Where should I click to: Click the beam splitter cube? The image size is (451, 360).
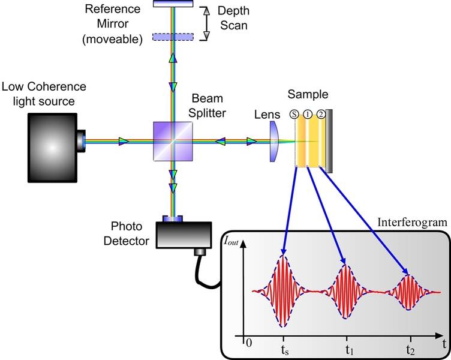(173, 142)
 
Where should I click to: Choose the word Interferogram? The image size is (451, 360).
(412, 223)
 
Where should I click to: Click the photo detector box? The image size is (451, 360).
(183, 235)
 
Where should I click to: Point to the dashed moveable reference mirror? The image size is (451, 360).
(173, 37)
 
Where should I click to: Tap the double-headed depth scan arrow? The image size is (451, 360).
(205, 23)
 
